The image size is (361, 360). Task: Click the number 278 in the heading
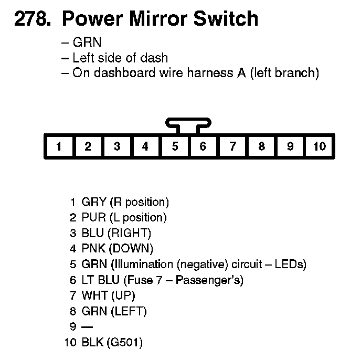click(x=31, y=19)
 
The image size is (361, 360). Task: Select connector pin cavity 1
click(x=59, y=147)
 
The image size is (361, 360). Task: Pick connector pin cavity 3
click(x=116, y=147)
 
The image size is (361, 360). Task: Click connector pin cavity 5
click(x=175, y=147)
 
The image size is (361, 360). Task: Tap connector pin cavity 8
click(x=261, y=147)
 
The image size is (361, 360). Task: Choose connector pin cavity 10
click(x=320, y=147)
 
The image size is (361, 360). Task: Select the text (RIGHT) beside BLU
click(x=130, y=233)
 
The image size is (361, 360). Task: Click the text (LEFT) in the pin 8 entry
click(x=129, y=311)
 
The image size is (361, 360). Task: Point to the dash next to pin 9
click(x=87, y=327)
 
